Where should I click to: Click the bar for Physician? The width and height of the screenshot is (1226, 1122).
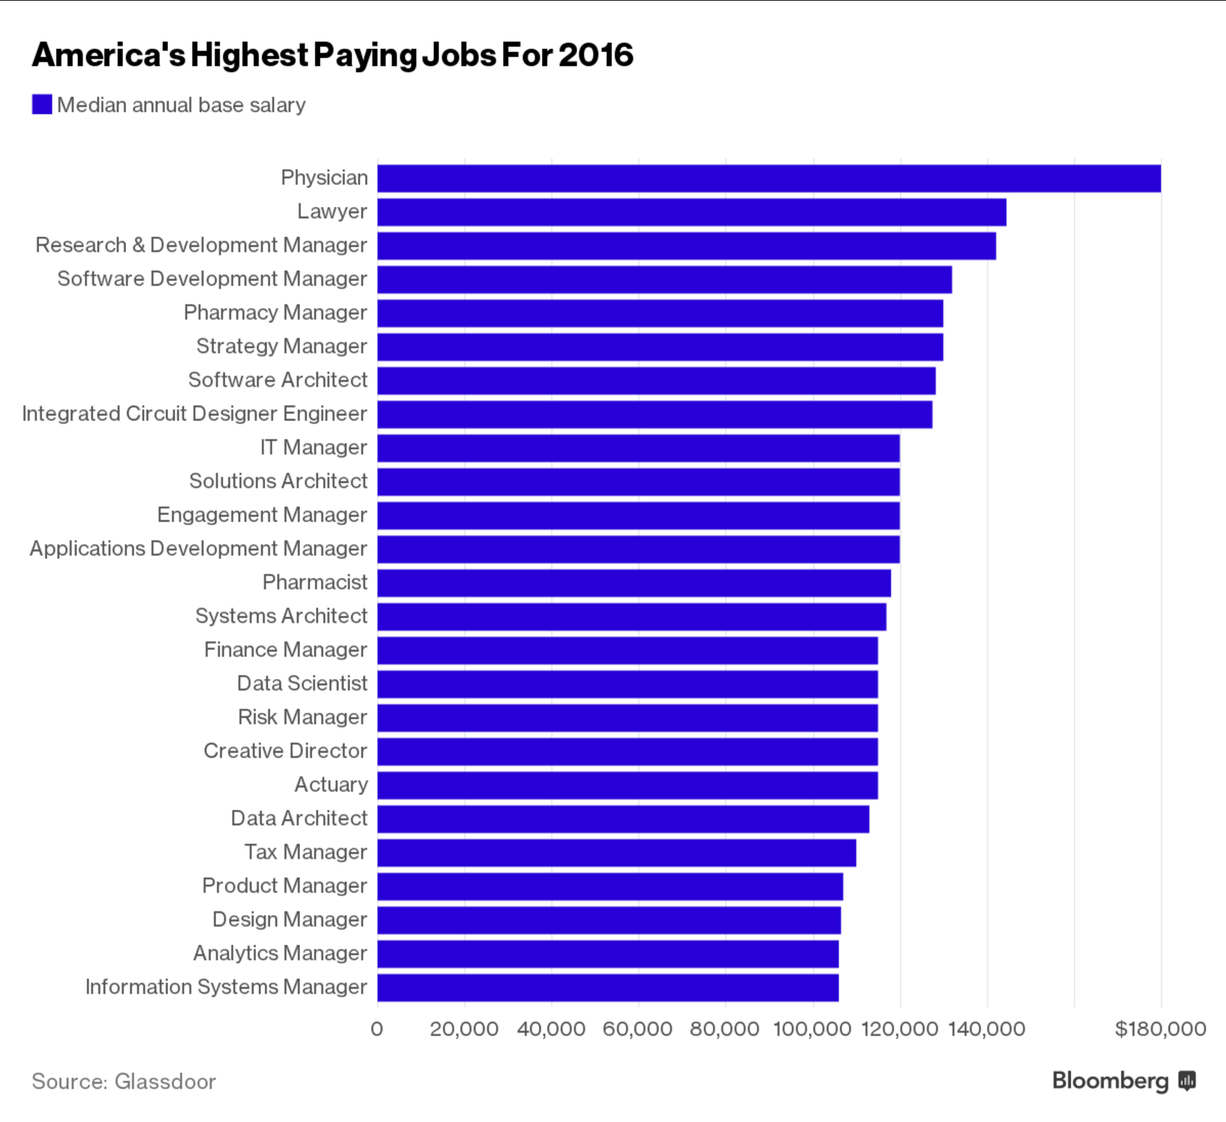pos(769,179)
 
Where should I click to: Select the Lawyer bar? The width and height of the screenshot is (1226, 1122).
pos(692,212)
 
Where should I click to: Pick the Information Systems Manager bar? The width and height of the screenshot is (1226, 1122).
pos(608,988)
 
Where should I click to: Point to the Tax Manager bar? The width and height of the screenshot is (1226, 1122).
pos(617,853)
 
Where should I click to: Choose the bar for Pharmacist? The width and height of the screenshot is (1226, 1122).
pos(634,583)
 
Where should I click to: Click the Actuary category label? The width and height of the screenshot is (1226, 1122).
pos(331,785)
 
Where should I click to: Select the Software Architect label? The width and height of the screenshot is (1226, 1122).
pos(278,380)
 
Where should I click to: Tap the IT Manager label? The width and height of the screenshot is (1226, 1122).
pos(314,447)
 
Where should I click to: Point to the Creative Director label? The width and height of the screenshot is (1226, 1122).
pos(286,751)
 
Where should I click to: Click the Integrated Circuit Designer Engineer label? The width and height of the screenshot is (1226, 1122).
pos(195,414)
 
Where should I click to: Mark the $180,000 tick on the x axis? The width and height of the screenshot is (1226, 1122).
pos(1160,1029)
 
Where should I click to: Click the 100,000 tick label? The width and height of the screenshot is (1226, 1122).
pos(812,1029)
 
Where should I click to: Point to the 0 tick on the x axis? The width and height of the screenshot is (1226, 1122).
pos(377,1029)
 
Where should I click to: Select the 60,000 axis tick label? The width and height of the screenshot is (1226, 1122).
pos(637,1029)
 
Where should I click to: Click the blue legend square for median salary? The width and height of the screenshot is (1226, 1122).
pos(42,105)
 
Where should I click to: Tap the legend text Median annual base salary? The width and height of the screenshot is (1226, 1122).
pos(182,105)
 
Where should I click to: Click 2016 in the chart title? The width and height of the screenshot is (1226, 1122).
pos(595,55)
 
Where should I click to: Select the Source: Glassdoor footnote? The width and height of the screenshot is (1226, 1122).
pos(124,1082)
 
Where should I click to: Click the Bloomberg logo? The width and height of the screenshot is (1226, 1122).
pos(1123,1081)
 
